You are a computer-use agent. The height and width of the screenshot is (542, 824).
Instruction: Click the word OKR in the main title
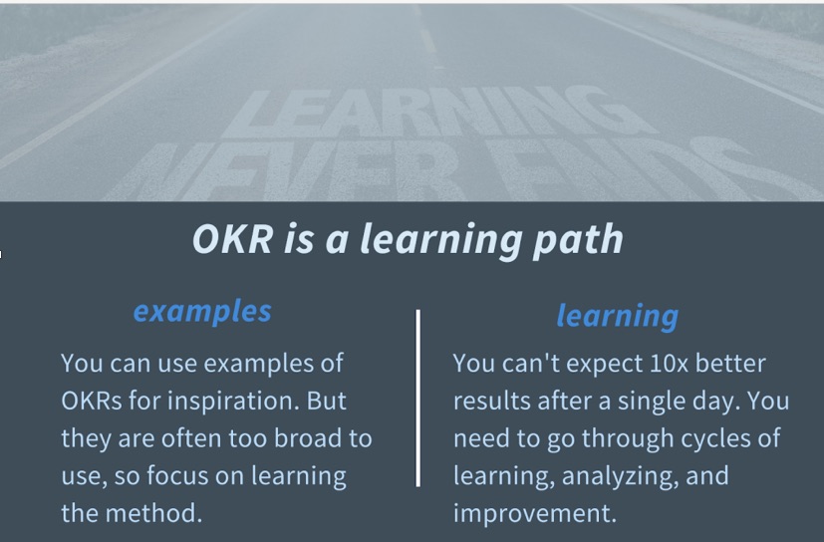pyautogui.click(x=233, y=239)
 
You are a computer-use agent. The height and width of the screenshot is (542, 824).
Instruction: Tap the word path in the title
pyautogui.click(x=578, y=241)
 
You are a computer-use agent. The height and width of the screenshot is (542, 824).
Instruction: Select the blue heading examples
pyautogui.click(x=202, y=312)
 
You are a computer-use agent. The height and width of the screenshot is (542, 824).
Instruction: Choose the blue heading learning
pyautogui.click(x=618, y=317)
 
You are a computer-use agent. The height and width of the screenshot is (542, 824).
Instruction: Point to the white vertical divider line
pyautogui.click(x=417, y=398)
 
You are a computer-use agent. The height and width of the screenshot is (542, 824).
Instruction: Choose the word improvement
pyautogui.click(x=534, y=514)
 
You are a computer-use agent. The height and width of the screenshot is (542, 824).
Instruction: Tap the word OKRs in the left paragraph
pyautogui.click(x=92, y=402)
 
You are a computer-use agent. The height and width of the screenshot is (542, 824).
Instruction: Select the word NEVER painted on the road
pyautogui.click(x=284, y=169)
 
